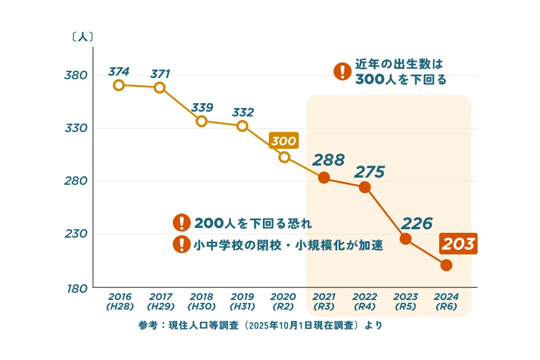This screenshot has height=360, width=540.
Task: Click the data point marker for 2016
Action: pyautogui.click(x=119, y=85)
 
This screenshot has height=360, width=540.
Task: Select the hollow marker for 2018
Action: pyautogui.click(x=202, y=121)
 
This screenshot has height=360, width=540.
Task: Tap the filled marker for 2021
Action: pyautogui.click(x=323, y=178)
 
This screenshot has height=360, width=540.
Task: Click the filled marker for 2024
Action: pyautogui.click(x=446, y=265)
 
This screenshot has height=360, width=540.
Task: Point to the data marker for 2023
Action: pyautogui.click(x=406, y=239)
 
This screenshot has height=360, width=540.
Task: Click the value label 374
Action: pyautogui.click(x=119, y=71)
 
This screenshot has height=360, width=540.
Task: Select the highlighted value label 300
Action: pyautogui.click(x=284, y=142)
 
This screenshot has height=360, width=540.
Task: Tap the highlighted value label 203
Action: pyautogui.click(x=458, y=244)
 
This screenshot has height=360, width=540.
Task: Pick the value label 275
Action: pyautogui.click(x=369, y=172)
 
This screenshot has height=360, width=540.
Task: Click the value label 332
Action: pyautogui.click(x=242, y=112)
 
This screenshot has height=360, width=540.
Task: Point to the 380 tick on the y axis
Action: pyautogui.click(x=76, y=75)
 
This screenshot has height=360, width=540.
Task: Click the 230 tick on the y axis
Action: pyautogui.click(x=76, y=234)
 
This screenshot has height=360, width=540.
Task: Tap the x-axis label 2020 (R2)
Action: pyautogui.click(x=283, y=301)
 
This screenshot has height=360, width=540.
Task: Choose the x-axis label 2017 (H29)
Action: pyautogui.click(x=160, y=301)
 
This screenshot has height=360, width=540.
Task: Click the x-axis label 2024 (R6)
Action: pyautogui.click(x=446, y=301)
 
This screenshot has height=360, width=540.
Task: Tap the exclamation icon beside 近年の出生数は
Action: pyautogui.click(x=342, y=72)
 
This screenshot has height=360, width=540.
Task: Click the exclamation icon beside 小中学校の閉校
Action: pyautogui.click(x=181, y=244)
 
